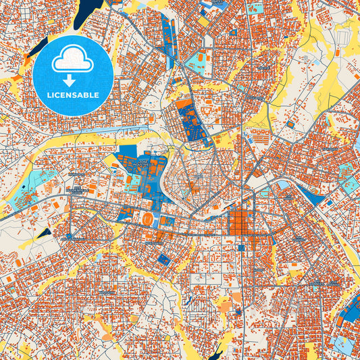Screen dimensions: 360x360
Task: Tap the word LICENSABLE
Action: tap(73, 95)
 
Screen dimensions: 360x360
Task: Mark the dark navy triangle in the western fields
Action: tap(43, 234)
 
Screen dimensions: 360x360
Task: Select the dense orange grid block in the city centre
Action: tap(240, 223)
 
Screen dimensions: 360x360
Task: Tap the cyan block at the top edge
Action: tap(255, 9)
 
